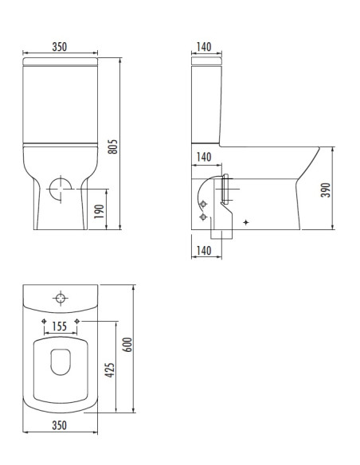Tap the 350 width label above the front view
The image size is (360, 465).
click(59, 47)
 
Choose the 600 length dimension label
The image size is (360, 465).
click(127, 344)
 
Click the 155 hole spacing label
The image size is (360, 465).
click(59, 326)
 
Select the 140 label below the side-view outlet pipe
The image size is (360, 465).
click(203, 251)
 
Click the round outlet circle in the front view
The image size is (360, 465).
click(60, 190)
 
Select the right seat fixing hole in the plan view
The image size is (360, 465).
click(76, 320)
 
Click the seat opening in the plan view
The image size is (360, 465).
click(60, 363)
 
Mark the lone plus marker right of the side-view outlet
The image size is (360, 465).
click(246, 221)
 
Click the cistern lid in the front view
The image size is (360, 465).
click(60, 61)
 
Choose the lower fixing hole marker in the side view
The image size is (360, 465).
click(204, 217)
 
